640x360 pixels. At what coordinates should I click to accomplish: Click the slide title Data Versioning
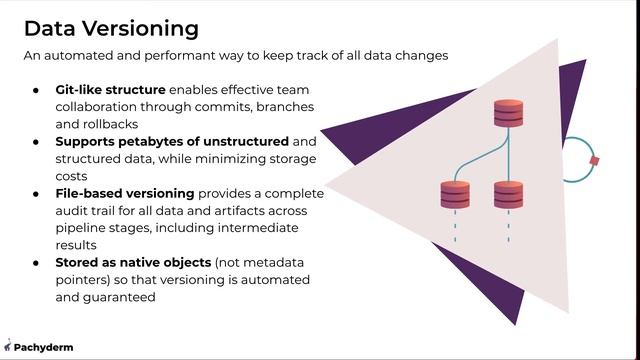pyautogui.click(x=110, y=28)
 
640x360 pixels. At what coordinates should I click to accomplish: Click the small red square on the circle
pyautogui.click(x=594, y=160)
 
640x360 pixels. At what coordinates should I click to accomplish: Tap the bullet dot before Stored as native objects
pyautogui.click(x=36, y=262)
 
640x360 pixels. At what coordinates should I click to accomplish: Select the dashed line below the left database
pyautogui.click(x=455, y=229)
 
